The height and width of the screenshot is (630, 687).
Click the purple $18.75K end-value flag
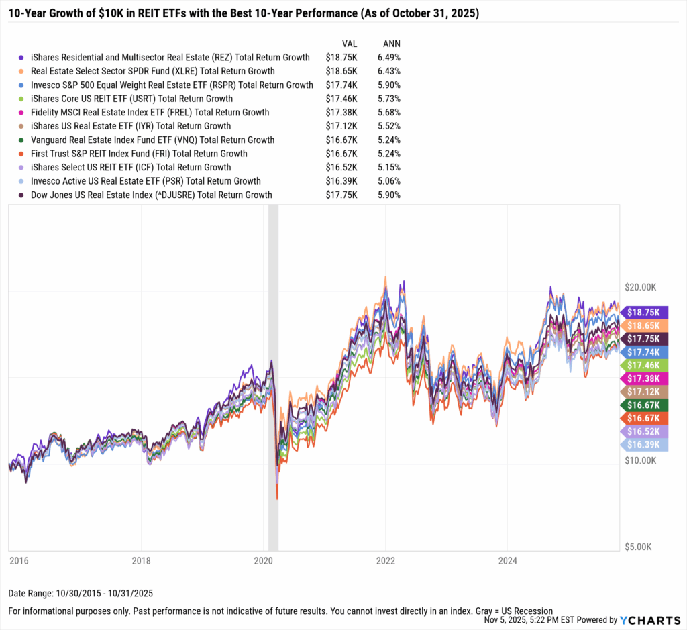pyautogui.click(x=645, y=312)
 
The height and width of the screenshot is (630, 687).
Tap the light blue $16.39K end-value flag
pyautogui.click(x=645, y=445)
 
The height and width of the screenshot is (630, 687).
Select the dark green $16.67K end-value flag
pyautogui.click(x=645, y=405)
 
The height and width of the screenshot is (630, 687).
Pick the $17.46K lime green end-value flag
pyautogui.click(x=645, y=365)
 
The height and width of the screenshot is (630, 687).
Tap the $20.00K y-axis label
pyautogui.click(x=641, y=287)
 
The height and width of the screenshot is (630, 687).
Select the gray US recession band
pyautogui.click(x=273, y=376)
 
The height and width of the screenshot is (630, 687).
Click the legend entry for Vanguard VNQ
pyautogui.click(x=152, y=140)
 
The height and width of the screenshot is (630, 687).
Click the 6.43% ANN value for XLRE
pyautogui.click(x=389, y=70)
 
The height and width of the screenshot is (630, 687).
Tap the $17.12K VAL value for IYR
pyautogui.click(x=341, y=126)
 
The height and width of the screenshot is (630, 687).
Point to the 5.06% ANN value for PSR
pyautogui.click(x=389, y=181)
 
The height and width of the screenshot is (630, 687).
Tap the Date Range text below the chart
pyautogui.click(x=81, y=594)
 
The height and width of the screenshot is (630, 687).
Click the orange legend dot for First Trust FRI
pyautogui.click(x=22, y=154)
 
